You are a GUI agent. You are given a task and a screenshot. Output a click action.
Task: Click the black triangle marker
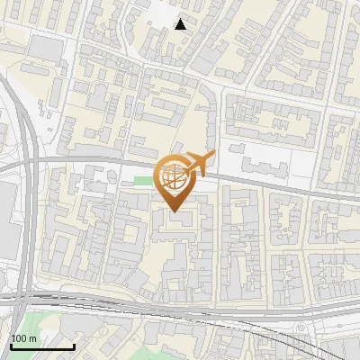pos(182,24)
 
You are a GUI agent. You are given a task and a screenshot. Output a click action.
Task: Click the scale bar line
pos(42,347)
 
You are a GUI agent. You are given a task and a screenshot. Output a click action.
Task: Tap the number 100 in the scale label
pos(20,338)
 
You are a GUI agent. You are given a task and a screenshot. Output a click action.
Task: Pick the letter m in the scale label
pos(33,338)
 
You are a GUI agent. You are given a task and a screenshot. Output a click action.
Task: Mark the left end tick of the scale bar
pos(11,346)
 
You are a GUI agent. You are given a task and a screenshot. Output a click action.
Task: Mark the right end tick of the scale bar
pos(74,346)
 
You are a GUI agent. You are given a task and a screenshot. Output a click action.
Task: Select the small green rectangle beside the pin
pos(142,184)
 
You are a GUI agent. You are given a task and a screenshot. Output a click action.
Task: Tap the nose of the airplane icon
pos(212,157)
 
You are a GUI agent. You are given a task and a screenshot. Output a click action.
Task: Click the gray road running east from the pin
pos(270,184)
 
